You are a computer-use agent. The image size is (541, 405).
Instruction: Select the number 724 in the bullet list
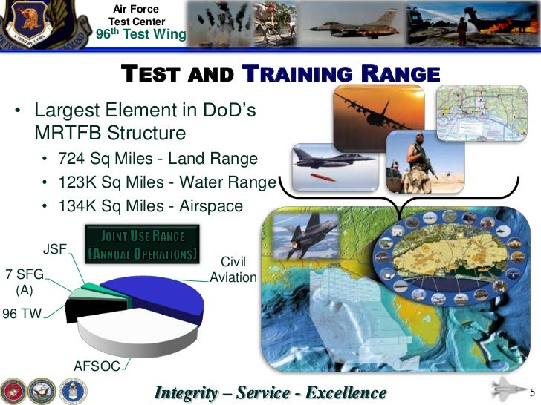tap(74, 159)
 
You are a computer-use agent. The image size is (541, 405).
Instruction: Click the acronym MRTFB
tap(69, 134)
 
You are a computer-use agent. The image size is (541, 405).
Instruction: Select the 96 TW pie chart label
tap(22, 313)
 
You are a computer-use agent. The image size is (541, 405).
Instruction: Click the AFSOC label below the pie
tap(97, 365)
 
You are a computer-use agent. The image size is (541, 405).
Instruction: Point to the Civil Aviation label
tap(233, 270)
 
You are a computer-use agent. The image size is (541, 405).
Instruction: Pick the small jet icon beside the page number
tap(506, 389)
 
